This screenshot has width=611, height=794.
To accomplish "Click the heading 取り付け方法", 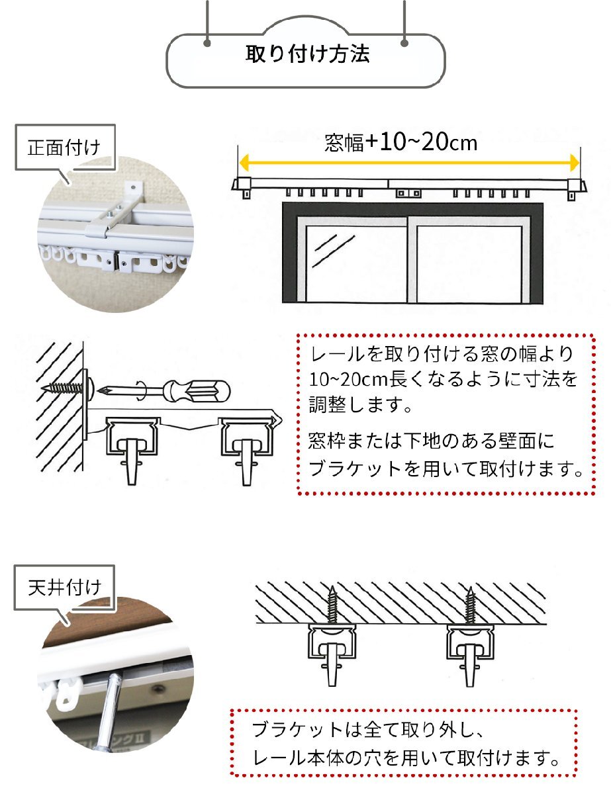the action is click(307, 54).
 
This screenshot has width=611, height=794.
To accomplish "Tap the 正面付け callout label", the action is click(64, 148).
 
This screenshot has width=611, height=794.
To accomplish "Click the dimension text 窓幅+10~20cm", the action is click(401, 142).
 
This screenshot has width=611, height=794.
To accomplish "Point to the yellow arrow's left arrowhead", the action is click(244, 163).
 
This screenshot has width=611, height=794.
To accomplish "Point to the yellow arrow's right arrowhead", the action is click(574, 163).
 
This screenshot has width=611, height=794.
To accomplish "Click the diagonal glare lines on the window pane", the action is click(333, 249).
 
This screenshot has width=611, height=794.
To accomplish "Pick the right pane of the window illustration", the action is click(469, 264).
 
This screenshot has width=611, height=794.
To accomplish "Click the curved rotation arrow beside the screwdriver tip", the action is click(142, 390).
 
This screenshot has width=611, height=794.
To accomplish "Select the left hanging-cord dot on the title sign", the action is click(208, 43).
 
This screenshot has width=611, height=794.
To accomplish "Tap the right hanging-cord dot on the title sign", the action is click(404, 43).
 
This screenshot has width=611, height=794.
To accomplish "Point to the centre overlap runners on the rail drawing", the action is click(408, 193).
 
